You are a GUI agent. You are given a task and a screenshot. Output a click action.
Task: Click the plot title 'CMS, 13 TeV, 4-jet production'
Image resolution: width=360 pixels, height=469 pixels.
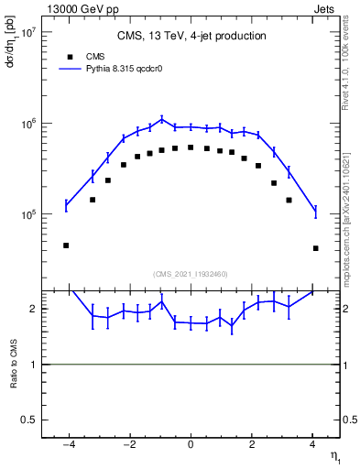coord(191,37)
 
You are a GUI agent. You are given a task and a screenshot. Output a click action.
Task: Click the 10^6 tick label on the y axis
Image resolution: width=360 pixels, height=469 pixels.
coord(26,123)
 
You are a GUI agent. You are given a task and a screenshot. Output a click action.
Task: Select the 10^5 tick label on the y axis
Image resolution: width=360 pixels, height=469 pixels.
coord(26,214)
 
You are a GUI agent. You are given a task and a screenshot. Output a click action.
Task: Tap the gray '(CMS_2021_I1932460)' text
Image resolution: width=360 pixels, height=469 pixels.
coord(191,274)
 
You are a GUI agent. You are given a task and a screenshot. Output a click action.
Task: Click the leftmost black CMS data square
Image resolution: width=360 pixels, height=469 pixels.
coord(66,245)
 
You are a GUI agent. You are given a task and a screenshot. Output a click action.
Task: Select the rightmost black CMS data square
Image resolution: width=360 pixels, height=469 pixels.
coord(315,248)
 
